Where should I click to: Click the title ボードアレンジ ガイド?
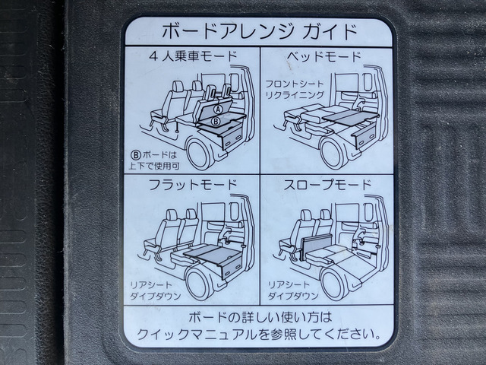point(260,31)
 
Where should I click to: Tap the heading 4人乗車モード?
point(193,56)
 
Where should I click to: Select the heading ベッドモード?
point(324,56)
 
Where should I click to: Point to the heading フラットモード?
point(193,185)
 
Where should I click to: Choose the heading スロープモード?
point(328,185)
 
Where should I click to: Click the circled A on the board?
point(219,109)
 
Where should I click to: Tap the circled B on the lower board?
point(216,122)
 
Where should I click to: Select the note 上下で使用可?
point(154,166)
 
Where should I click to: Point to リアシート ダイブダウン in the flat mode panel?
point(155,290)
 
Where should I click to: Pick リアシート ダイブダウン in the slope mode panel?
point(293,290)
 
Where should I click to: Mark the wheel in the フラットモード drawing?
point(200,283)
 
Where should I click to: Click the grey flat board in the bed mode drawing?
point(350,116)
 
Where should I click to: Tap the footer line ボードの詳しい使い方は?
point(260,317)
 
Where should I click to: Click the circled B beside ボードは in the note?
point(137,154)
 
